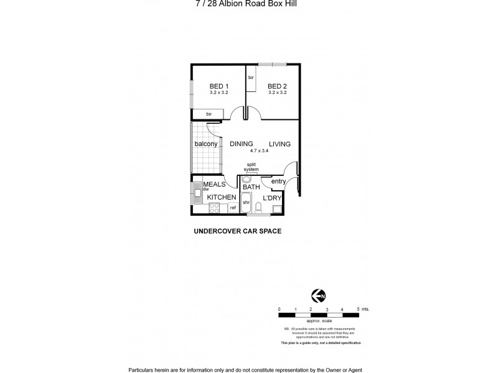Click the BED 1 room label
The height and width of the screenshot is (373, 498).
218,86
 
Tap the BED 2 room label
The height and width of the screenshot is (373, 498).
277,86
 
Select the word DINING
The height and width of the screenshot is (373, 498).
241,144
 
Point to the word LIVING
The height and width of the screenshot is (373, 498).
280,144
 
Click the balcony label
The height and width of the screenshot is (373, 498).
205,144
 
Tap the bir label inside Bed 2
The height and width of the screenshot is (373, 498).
251,78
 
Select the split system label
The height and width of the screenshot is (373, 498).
251,167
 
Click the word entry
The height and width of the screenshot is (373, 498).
278,182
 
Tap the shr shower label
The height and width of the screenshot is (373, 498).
246,203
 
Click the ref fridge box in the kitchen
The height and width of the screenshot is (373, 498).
233,208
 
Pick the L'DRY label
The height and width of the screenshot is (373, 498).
273,198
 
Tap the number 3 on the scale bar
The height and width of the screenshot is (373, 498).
327,309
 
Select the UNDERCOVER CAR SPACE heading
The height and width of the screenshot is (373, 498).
238,231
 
